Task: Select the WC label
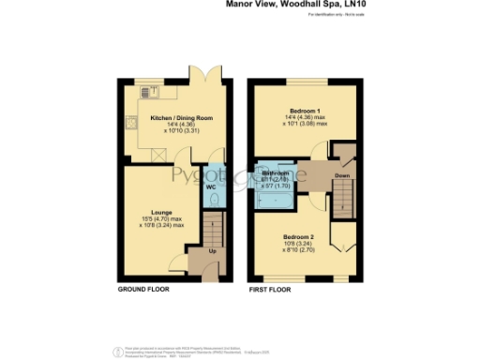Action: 213,186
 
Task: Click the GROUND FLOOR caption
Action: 143,291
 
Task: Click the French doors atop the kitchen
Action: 198,75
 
